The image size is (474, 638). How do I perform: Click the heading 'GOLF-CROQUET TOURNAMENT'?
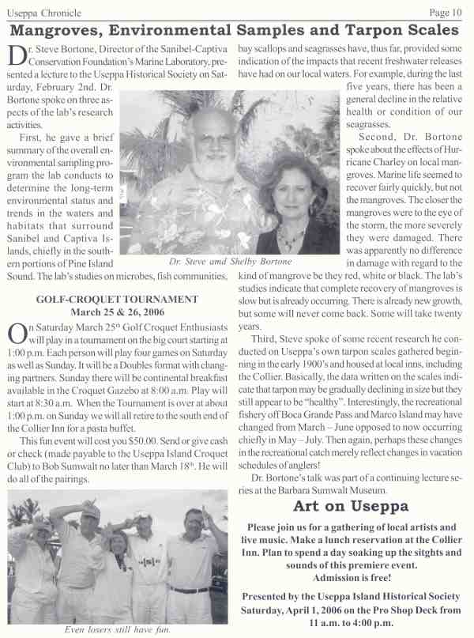(118, 299)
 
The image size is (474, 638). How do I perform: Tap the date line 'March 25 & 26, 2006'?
(118, 311)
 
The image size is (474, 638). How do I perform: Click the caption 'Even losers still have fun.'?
(118, 629)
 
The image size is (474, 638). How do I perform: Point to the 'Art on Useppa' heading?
(351, 506)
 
